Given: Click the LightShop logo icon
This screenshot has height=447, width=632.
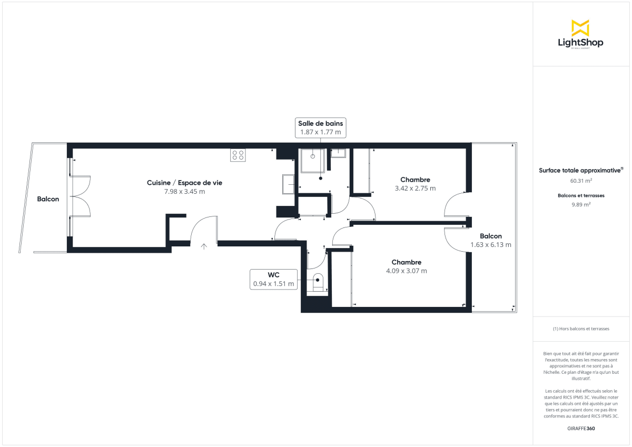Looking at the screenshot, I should coord(580,28).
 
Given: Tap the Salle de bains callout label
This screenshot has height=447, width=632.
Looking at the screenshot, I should coord(320,127).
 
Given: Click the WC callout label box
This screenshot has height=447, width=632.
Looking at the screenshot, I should coord(274,279).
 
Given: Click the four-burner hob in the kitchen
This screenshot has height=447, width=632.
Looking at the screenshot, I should coord(238,155).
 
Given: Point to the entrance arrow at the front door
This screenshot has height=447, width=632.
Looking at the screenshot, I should coord(204,245).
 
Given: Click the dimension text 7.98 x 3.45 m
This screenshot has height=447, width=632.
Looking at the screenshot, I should coord(184,192).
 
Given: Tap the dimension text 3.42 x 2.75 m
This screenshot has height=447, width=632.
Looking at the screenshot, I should coord(415,188).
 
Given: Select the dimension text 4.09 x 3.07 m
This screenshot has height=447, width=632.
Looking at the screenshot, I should coord(406,271).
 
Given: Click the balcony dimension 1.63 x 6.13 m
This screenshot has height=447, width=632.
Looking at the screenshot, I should coord(490,245).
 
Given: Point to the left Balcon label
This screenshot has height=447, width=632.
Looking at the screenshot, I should coord(48,199).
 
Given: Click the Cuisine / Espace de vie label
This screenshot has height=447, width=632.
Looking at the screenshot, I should coord(184,183).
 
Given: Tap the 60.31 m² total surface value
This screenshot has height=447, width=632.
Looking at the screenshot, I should coord(581,181).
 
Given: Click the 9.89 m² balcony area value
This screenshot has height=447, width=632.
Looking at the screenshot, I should coord(581,205).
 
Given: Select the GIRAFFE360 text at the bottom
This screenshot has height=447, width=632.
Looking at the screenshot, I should coord(581,428).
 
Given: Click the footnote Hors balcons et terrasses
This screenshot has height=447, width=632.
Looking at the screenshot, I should coord(581,329).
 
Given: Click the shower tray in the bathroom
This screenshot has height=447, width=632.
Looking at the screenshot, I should coord(312,161).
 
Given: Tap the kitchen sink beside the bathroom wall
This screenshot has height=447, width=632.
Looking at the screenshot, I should coord(288,184).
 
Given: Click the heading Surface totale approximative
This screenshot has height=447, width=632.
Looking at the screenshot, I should coord(580,170).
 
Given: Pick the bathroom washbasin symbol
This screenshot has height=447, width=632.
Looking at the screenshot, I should coord(338,153).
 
